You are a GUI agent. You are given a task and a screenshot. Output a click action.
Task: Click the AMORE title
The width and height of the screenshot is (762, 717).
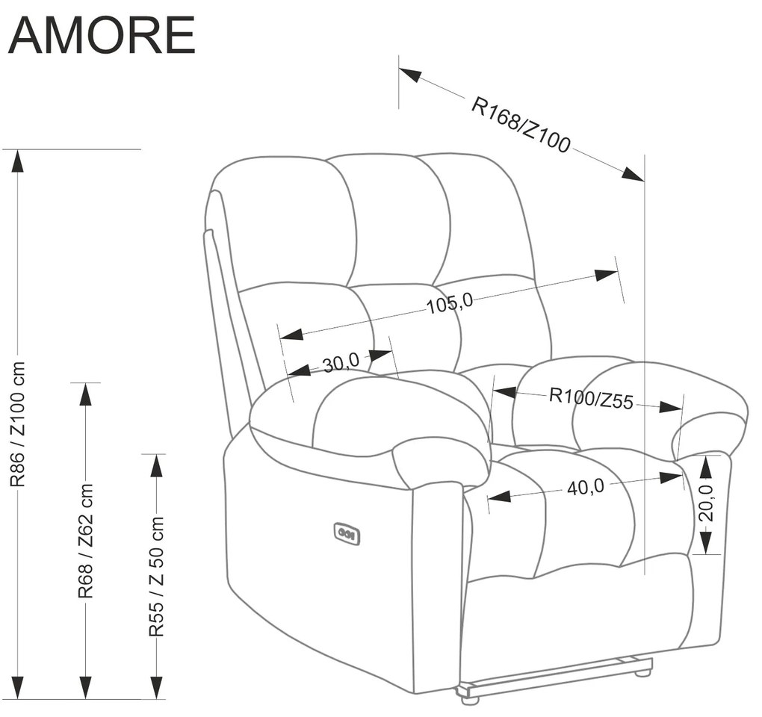tap(102, 34)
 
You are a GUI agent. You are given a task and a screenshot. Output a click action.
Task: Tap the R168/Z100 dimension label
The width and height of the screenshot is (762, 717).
tap(521, 125)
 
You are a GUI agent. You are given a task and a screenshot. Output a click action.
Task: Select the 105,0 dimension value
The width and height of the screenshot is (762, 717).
tap(450, 302)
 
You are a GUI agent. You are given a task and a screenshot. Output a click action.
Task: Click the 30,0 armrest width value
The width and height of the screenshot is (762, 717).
tap(341, 364)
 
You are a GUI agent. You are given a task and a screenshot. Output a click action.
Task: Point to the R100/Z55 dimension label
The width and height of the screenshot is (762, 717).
tap(591, 398)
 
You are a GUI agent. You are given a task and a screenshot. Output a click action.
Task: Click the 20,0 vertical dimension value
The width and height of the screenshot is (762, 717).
tap(707, 503)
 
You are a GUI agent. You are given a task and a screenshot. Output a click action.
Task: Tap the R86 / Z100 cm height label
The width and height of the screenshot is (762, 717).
tap(18, 424)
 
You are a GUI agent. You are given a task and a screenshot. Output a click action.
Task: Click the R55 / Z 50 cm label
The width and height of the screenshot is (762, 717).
tap(156, 576)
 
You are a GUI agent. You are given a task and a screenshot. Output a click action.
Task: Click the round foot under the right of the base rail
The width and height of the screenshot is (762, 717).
tap(640, 673)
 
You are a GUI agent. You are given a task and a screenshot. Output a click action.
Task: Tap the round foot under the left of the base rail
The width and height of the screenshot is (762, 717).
tap(469, 701)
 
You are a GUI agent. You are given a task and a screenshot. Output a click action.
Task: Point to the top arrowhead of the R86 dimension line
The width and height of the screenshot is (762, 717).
tap(18, 160)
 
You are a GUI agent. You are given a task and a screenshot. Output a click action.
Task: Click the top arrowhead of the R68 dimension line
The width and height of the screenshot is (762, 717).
tap(86, 394)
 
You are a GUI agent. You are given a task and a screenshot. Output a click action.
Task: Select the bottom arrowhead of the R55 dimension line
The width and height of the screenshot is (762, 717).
tap(156, 688)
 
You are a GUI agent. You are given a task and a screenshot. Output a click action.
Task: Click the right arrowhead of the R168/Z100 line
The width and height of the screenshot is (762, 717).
tap(634, 176)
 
